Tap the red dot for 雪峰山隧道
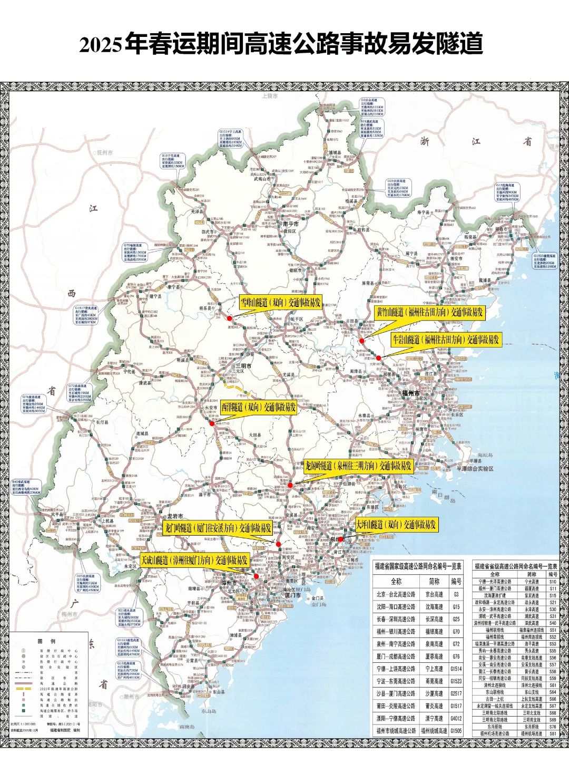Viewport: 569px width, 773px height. coord(229,318)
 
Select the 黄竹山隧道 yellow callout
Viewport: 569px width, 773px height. coord(429,312)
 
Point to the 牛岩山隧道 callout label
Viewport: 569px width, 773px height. coord(445,340)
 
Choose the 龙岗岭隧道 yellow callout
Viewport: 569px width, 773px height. coord(358,466)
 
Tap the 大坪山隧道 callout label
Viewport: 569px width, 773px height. coord(396,525)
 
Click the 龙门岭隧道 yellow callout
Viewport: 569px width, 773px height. coord(217,528)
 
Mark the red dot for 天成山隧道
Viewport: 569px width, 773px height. coord(256,576)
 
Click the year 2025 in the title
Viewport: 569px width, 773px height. coord(101,45)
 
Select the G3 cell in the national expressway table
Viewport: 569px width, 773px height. coord(456,594)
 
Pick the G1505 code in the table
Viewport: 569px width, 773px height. coord(456,731)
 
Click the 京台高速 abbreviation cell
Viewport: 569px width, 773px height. coord(434,594)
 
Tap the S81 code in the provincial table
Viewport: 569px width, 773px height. coord(553,733)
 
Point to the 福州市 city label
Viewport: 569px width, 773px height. coord(411,394)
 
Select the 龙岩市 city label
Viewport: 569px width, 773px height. coord(175,516)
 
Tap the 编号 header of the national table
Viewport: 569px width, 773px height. coord(456,582)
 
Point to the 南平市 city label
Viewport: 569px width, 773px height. coord(291,224)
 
